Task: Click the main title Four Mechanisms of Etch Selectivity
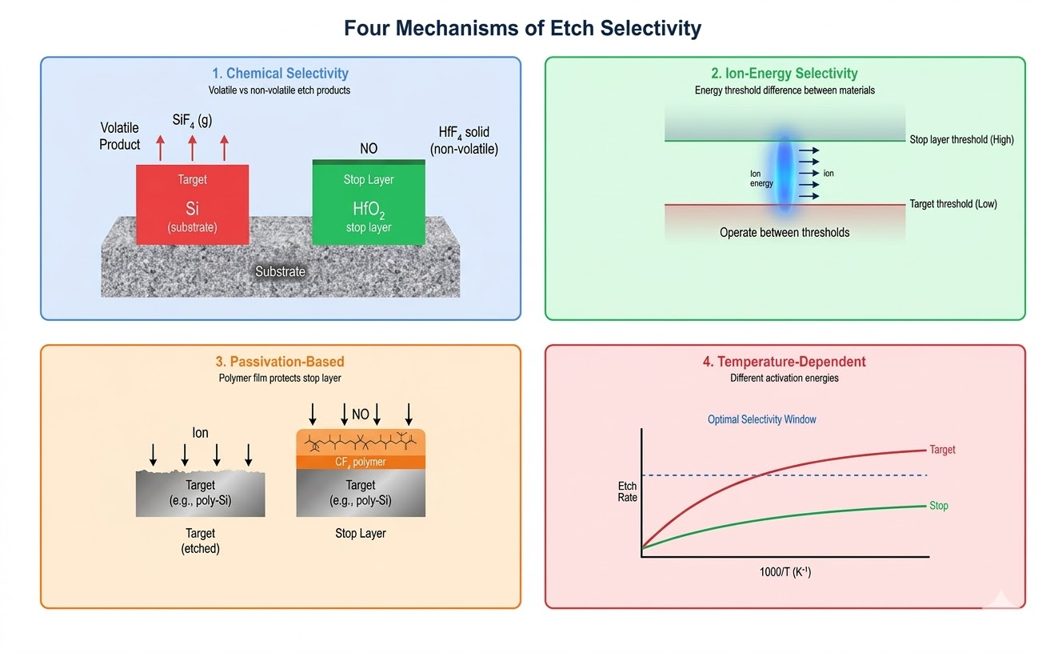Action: coord(522,29)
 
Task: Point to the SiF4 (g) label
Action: coord(192,121)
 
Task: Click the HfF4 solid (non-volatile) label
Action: coord(464,140)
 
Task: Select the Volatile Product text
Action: coord(120,136)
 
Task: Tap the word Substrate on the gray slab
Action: coord(280,271)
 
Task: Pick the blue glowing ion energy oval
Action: coord(784,176)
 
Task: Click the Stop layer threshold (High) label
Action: coord(961,140)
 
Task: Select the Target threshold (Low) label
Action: coord(953,204)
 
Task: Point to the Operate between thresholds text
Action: coord(784,233)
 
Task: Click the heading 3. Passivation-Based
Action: coord(280,362)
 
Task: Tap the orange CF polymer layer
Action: coord(360,462)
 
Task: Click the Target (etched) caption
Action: coord(200,541)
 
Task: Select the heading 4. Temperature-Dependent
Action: coord(784,362)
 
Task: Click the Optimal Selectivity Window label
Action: coord(761,419)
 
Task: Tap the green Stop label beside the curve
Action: coord(938,506)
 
